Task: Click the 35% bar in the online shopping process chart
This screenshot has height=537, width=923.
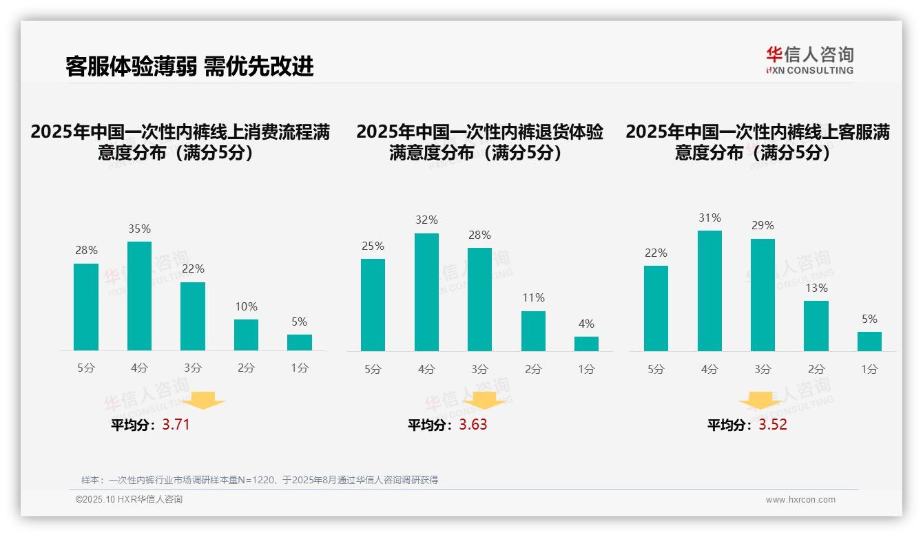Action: pyautogui.click(x=139, y=296)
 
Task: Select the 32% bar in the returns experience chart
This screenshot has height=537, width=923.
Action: pyautogui.click(x=426, y=293)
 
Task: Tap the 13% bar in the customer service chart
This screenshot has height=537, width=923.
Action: pyautogui.click(x=816, y=326)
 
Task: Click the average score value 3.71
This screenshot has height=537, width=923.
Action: pyautogui.click(x=176, y=425)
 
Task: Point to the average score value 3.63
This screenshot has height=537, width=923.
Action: pyautogui.click(x=473, y=425)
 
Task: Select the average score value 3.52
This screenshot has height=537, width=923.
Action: pyautogui.click(x=773, y=425)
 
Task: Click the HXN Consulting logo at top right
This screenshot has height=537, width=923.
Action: pyautogui.click(x=809, y=60)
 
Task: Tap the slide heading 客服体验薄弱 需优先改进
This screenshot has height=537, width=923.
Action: pyautogui.click(x=189, y=66)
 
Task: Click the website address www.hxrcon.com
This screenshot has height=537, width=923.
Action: pyautogui.click(x=800, y=500)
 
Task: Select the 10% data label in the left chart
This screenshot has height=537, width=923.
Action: pyautogui.click(x=246, y=306)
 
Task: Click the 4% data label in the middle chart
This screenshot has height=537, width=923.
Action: pyautogui.click(x=586, y=324)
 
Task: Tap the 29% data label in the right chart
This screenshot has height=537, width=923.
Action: pyautogui.click(x=763, y=225)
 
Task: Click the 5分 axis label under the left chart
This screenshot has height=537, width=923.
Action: pyautogui.click(x=86, y=368)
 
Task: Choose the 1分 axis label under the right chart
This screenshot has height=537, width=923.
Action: pyautogui.click(x=869, y=369)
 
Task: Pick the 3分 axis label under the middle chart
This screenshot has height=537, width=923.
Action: pyautogui.click(x=479, y=369)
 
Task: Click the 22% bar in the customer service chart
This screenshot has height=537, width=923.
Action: pyautogui.click(x=656, y=308)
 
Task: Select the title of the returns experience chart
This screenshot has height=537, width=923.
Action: pyautogui.click(x=479, y=142)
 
